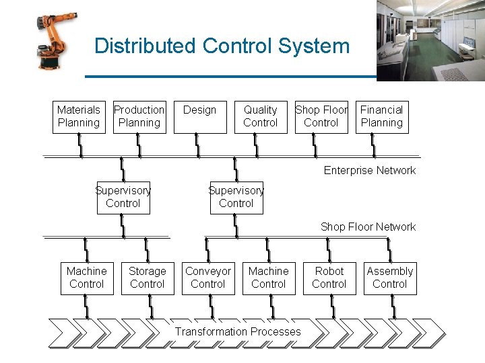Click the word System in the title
[x=314, y=46]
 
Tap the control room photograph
[x=430, y=40]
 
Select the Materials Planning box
[x=79, y=116]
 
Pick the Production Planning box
[x=139, y=116]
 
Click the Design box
[x=200, y=116]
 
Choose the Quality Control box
[x=261, y=116]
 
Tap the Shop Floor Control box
[x=321, y=116]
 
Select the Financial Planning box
[x=382, y=116]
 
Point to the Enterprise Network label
[x=369, y=170]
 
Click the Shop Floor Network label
[x=368, y=227]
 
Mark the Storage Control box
[x=148, y=278]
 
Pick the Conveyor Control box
[x=208, y=278]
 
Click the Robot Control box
[x=329, y=278]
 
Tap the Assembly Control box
[x=390, y=278]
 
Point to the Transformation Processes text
[x=238, y=331]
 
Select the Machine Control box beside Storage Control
[x=87, y=278]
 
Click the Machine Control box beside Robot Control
[x=269, y=278]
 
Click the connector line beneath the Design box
[x=197, y=145]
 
